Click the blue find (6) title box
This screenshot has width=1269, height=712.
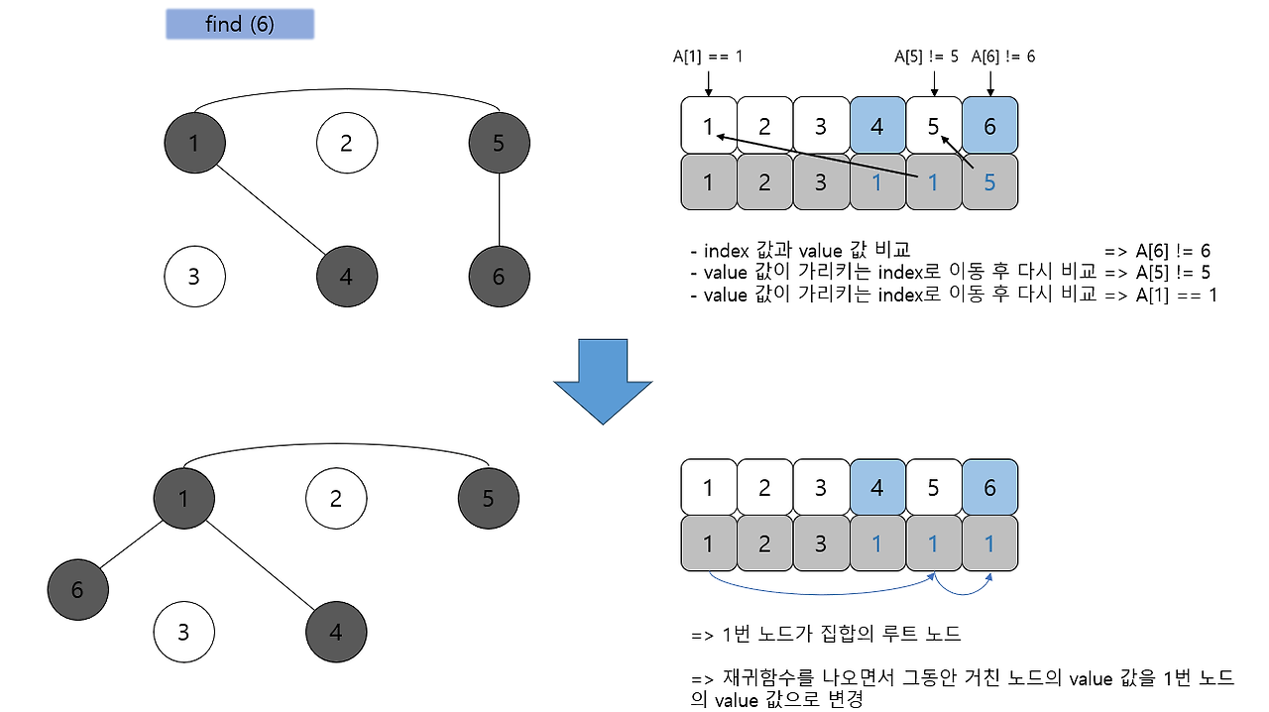[239, 25]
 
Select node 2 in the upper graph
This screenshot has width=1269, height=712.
[346, 143]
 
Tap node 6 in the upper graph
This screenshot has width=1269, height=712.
[499, 276]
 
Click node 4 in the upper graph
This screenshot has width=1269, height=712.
[346, 276]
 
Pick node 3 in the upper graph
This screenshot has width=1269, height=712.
[193, 276]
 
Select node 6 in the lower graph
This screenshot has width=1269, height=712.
[77, 590]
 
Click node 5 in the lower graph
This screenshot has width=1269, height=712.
[488, 498]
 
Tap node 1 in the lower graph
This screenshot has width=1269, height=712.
[183, 498]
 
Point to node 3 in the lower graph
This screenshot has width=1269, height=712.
[183, 631]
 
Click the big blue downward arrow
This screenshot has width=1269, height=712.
[603, 382]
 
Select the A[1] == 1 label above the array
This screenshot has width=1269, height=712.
[707, 58]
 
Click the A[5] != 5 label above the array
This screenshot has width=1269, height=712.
[926, 58]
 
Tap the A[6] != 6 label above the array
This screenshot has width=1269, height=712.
[1003, 58]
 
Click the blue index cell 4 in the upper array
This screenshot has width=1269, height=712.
[877, 126]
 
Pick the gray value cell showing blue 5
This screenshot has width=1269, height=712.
[989, 182]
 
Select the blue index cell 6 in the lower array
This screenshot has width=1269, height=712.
[989, 488]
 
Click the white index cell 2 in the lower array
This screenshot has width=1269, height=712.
[764, 488]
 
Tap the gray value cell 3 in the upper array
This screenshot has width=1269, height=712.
[821, 182]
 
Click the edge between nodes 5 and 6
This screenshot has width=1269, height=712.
[499, 209]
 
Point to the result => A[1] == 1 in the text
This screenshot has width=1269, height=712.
[1160, 295]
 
